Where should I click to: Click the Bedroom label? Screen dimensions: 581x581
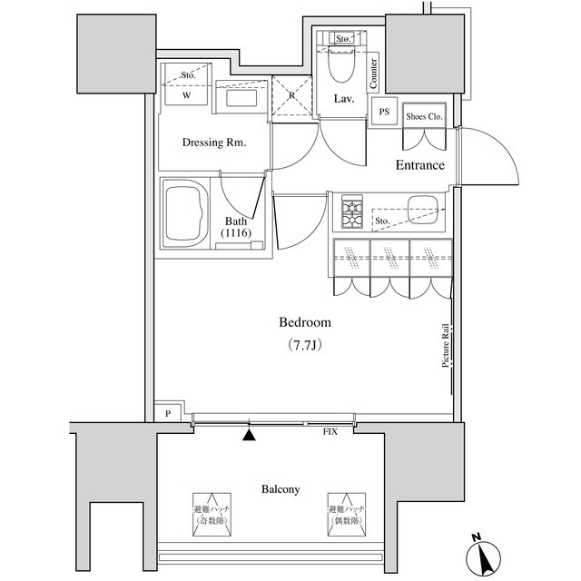(x=304, y=322)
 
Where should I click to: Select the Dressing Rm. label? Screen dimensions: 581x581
(x=213, y=143)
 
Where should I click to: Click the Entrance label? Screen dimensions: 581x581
(x=419, y=165)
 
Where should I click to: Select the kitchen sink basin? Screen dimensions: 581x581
(x=424, y=209)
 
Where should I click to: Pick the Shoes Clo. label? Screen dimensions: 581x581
(x=424, y=116)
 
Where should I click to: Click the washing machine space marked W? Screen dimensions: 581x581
(x=187, y=94)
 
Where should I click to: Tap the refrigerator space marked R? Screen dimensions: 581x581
(x=292, y=96)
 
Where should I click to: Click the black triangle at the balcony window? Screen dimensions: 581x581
(x=250, y=434)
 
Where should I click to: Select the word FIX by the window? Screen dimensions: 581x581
(x=330, y=431)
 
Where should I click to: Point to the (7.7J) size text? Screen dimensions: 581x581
(x=304, y=346)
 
